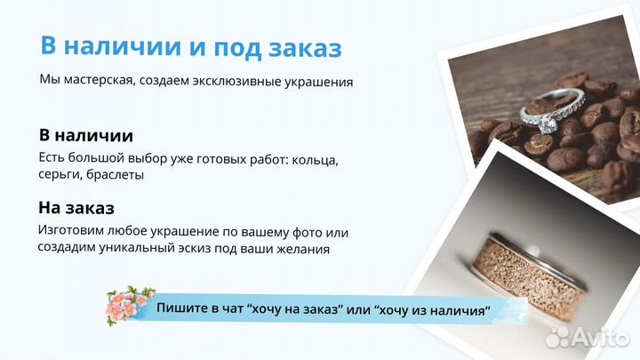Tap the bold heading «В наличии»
tap(86, 136)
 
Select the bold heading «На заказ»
tap(76, 209)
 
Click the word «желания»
tap(304, 249)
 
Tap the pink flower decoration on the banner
tap(130, 305)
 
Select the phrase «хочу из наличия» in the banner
tap(434, 310)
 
